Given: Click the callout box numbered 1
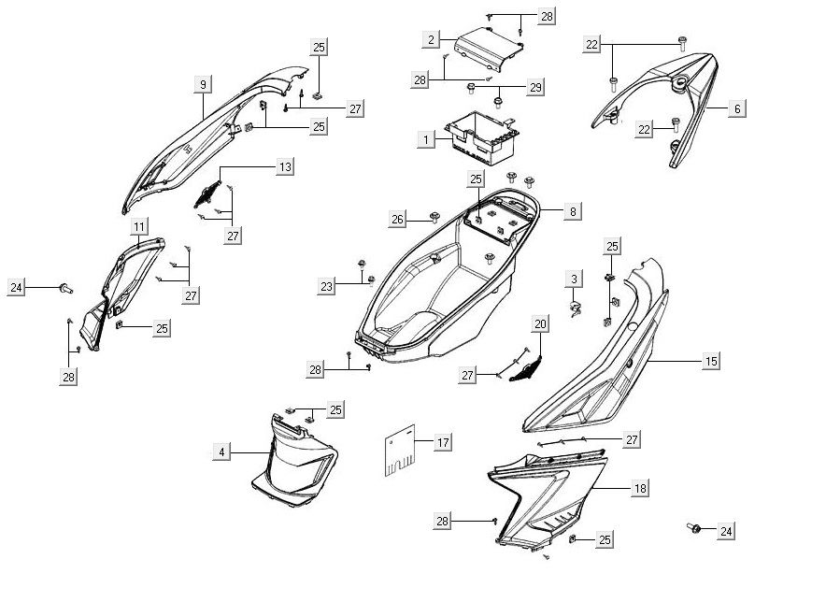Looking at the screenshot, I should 426,139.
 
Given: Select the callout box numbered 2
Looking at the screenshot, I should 429,39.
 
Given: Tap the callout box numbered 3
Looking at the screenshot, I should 575,279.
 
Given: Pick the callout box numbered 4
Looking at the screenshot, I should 221,452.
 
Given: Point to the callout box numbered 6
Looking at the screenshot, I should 736,109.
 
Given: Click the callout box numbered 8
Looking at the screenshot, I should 572,212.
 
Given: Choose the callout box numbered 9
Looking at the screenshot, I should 202,85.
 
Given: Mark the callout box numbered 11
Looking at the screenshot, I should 138,227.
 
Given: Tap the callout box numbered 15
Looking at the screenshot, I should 711,361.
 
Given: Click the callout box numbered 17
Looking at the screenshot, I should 443,440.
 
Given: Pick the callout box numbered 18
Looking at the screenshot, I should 640,488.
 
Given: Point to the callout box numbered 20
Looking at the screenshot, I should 540,324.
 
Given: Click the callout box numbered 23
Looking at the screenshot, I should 326,286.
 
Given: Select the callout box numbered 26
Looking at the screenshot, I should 398,220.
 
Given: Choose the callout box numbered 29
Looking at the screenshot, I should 534,87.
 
